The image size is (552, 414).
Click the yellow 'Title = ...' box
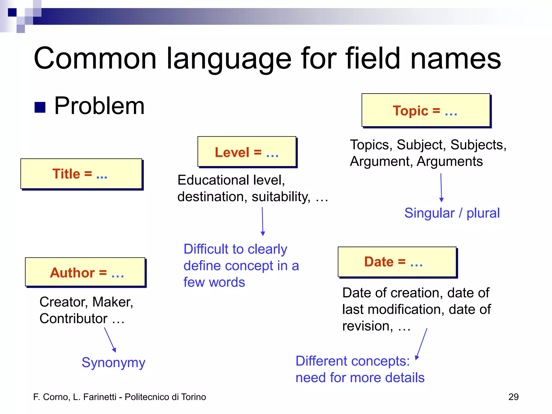coord(81,174)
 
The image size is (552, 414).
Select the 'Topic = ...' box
coord(426,110)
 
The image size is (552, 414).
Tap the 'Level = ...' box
coord(247,152)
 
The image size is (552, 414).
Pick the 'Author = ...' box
coord(85,272)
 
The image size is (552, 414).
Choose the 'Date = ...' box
coord(397,262)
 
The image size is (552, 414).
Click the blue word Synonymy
coord(113,363)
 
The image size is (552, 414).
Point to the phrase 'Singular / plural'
coord(452,213)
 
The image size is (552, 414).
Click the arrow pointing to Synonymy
coord(110,340)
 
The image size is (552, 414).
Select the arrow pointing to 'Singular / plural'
coord(441,188)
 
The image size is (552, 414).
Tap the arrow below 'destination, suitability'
coord(263,221)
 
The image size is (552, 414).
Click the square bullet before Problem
coord(40,107)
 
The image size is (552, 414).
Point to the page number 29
coord(513,397)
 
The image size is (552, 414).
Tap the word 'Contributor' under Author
coord(73,319)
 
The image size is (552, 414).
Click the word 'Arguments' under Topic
coord(450,161)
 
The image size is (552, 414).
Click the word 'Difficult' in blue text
coord(206,249)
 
